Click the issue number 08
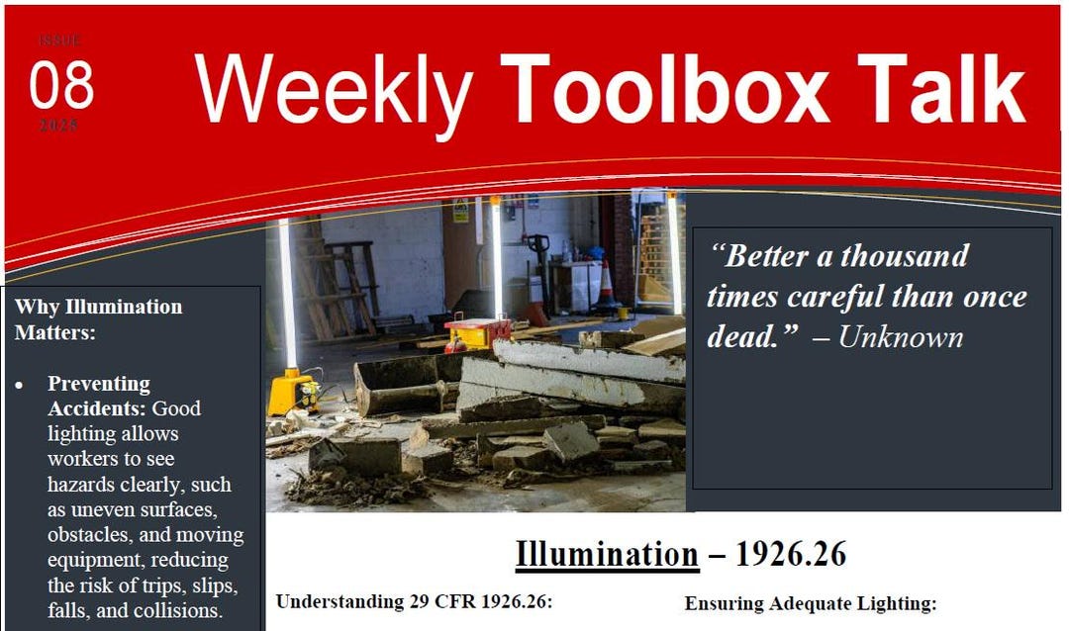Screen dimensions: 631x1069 [x=61, y=85]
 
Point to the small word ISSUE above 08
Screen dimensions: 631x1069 [x=60, y=41]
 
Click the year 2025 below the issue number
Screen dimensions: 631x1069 [x=59, y=127]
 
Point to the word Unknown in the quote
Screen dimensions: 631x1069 [x=900, y=337]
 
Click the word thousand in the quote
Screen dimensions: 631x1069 [x=905, y=257]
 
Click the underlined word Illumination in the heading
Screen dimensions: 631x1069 [x=607, y=554]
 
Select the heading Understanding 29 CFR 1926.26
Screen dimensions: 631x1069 [x=413, y=601]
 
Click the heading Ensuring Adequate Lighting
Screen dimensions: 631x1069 [x=810, y=602]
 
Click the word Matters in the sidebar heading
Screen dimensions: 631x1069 [x=54, y=332]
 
